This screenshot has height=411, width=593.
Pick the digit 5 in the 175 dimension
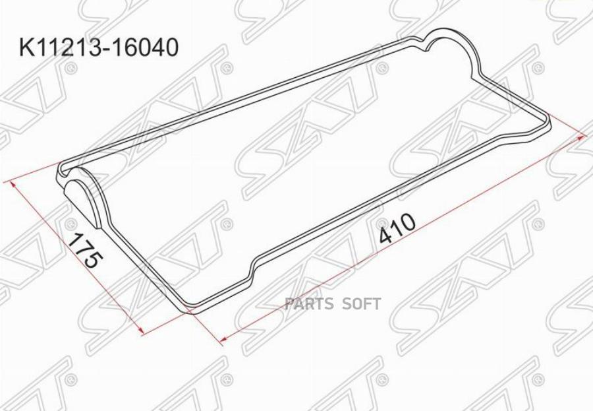pos(93,261)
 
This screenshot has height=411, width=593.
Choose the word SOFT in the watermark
pos(361,303)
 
